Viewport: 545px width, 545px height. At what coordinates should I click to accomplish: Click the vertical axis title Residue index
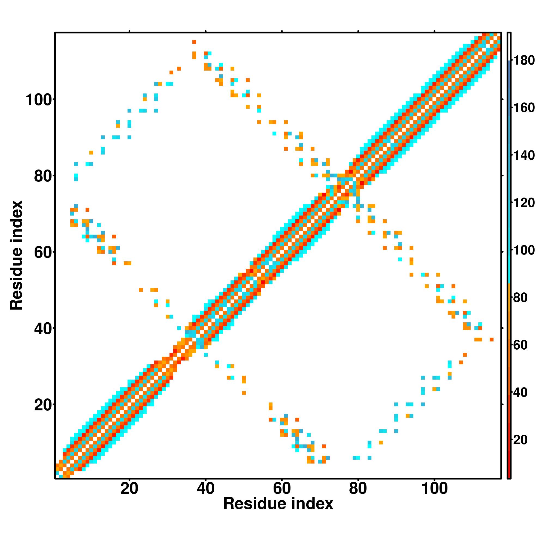16,255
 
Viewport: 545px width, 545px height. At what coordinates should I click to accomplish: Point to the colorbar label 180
524,60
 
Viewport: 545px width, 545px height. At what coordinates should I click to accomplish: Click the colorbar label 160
524,108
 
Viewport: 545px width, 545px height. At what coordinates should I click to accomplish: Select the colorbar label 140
524,155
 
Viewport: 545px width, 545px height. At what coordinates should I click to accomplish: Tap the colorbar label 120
524,203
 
